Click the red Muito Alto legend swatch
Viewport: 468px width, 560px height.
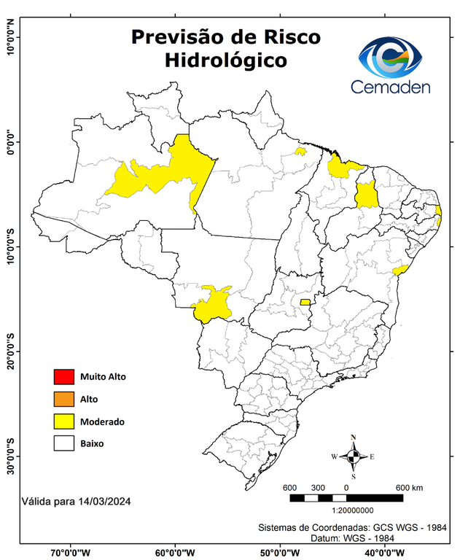point(64,377)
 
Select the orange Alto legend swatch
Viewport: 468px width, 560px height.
point(64,399)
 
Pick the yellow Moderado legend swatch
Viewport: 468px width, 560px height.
point(64,421)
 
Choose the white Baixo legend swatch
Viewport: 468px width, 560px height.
point(64,443)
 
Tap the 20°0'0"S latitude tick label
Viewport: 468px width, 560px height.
point(11,351)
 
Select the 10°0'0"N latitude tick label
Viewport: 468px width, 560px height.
point(11,37)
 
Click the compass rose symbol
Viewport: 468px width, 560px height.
point(354,456)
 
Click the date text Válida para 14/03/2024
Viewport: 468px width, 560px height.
point(77,502)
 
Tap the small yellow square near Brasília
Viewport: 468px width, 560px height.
point(305,302)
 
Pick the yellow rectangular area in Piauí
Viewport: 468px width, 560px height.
point(366,195)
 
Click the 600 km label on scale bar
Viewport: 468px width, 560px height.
point(409,487)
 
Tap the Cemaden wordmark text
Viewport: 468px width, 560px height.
point(390,87)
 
